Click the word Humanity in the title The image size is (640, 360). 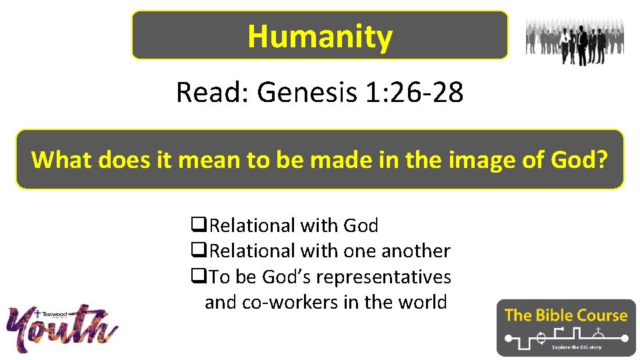(320, 36)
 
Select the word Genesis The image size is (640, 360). (307, 93)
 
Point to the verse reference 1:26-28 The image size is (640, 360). (414, 93)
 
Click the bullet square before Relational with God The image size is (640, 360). (197, 226)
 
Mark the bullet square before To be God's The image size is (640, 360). (197, 277)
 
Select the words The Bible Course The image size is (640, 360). (566, 315)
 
